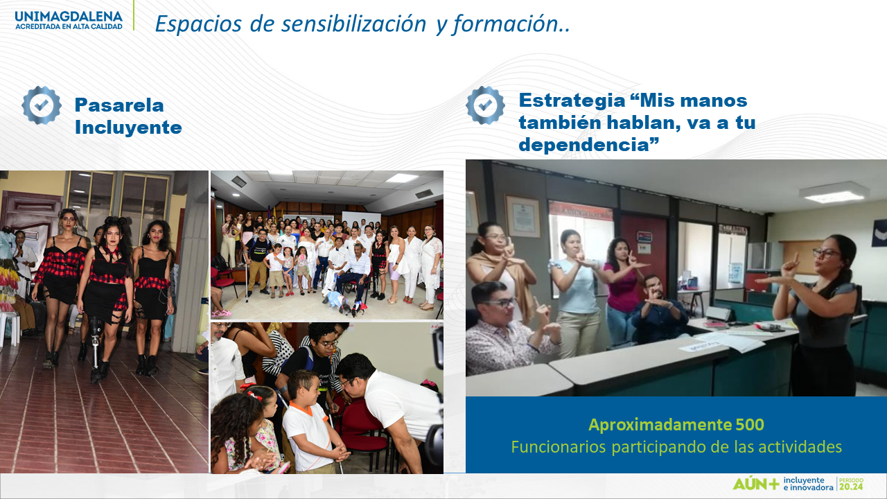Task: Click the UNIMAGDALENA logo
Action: tap(69, 20)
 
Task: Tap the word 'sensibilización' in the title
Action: tap(353, 24)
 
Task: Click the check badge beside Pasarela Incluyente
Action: tap(42, 105)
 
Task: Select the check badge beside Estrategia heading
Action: tap(486, 105)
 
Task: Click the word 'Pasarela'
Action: tap(119, 105)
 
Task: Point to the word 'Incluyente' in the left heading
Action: tap(128, 128)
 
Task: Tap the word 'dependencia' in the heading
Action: tap(584, 145)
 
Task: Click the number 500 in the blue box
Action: tap(750, 425)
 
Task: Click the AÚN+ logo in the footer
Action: tap(756, 484)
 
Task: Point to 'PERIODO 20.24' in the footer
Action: tap(851, 484)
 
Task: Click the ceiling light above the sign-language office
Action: tap(834, 193)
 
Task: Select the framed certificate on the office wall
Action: tap(522, 216)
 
